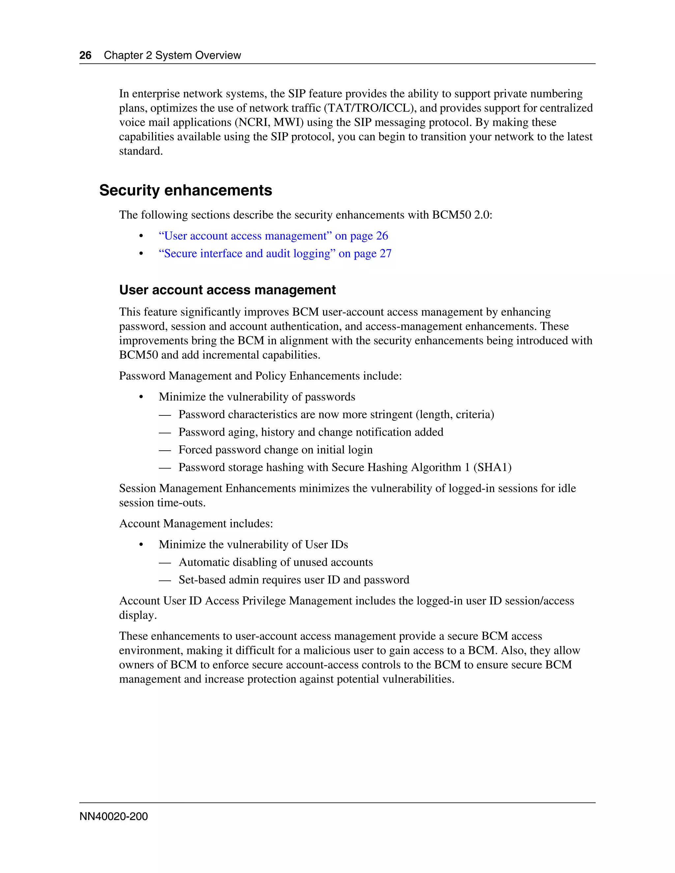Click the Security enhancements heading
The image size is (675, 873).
click(x=186, y=190)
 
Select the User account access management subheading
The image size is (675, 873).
click(x=227, y=290)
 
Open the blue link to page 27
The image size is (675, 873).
click(x=275, y=253)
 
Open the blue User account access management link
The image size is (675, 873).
click(x=273, y=236)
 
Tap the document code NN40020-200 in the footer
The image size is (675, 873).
click(x=114, y=816)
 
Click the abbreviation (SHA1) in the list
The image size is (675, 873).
click(x=492, y=467)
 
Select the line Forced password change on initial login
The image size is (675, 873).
click(x=275, y=450)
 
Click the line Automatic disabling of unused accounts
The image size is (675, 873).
click(x=276, y=562)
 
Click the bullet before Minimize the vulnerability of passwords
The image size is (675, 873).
click(x=141, y=397)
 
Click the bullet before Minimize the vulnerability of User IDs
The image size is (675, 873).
click(x=141, y=545)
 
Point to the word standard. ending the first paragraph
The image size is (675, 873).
click(x=141, y=151)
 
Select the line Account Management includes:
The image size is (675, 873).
click(x=196, y=524)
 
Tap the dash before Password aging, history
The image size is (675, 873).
click(x=165, y=432)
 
